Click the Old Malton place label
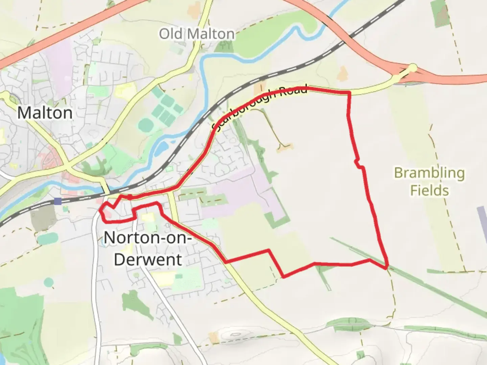coord(197,34)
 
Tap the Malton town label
coord(45,113)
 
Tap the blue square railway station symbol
coord(58,201)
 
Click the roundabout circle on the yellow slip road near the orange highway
coord(413,68)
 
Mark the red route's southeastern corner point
coord(386,268)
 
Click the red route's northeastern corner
coord(349,92)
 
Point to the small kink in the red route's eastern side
coord(359,164)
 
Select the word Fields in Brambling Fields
coord(430,190)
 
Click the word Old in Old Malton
coord(171,34)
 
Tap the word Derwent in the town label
coord(148,260)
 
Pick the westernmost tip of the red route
coord(100,210)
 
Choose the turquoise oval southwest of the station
coord(48,239)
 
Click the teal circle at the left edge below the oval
coord(49,281)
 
